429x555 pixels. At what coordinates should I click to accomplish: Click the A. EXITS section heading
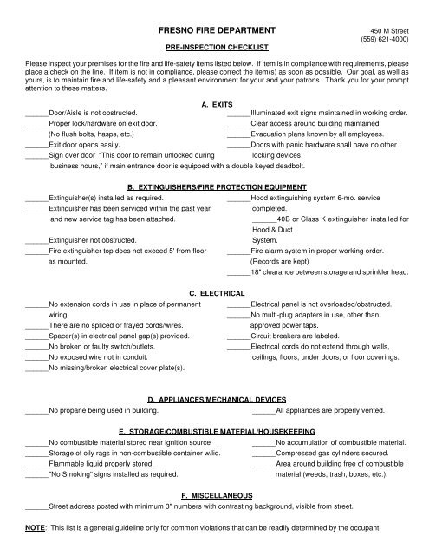coord(214,128)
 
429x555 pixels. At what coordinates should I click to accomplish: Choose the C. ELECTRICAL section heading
coord(214,295)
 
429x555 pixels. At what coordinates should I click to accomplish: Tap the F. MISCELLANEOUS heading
coord(214,493)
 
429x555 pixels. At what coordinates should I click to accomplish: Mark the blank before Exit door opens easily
coord(37,171)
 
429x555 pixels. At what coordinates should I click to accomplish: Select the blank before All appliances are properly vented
coord(263,410)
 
